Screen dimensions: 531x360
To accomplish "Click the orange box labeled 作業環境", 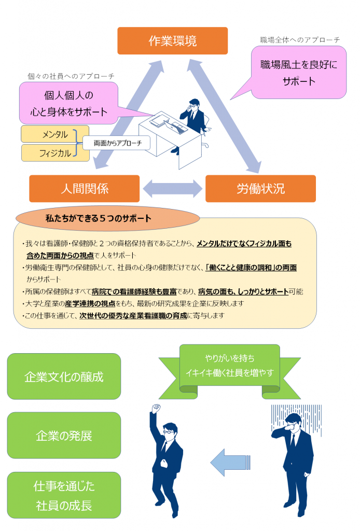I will (173, 41).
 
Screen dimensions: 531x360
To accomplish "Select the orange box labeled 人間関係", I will (85, 189).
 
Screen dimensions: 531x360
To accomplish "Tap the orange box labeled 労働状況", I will (260, 189).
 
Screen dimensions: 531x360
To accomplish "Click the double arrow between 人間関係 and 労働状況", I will (173, 189).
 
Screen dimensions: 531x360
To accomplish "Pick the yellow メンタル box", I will (54, 134).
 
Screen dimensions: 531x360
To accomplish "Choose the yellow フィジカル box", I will (54, 153).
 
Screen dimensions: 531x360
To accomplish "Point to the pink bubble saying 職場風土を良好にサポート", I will (298, 73).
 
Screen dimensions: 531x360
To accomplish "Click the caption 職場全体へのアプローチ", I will (300, 40).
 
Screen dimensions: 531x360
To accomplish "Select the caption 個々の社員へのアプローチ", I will (71, 76).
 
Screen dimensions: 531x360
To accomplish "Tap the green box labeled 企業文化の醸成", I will (64, 376).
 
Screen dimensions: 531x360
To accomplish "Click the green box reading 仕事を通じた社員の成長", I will (64, 495).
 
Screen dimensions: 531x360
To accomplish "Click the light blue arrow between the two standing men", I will (230, 461).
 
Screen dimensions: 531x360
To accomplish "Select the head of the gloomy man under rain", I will (292, 423).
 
